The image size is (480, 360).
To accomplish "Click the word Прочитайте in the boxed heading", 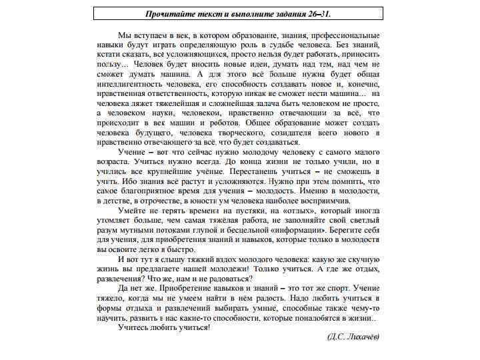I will pos(170,13).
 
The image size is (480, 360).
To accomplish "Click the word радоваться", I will pos(227,279).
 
